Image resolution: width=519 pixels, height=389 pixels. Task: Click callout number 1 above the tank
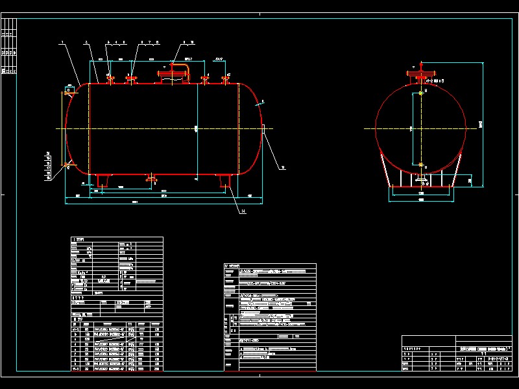pyautogui.click(x=62, y=42)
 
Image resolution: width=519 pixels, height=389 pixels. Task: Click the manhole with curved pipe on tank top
pyautogui.click(x=174, y=73)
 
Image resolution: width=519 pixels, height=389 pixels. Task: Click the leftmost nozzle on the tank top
pyautogui.click(x=110, y=80)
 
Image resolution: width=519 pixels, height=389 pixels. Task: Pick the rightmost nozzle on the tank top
pyautogui.click(x=227, y=78)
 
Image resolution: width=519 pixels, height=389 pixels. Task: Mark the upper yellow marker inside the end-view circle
pyautogui.click(x=421, y=92)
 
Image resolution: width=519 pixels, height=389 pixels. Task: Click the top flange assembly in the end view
pyautogui.click(x=421, y=73)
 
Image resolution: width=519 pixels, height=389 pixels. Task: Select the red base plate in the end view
pyautogui.click(x=420, y=187)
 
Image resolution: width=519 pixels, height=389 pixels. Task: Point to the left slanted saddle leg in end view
pyautogui.click(x=384, y=171)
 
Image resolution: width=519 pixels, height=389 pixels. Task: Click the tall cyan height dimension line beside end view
pyautogui.click(x=483, y=123)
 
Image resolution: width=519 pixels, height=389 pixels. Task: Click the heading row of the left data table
pyautogui.click(x=116, y=239)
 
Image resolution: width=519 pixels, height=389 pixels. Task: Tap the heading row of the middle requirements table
pyautogui.click(x=269, y=266)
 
